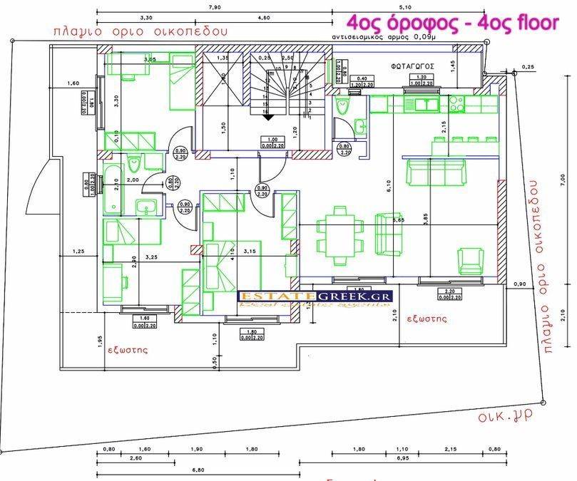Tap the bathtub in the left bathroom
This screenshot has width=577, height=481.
(113, 187)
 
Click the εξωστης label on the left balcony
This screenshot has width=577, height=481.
(128, 350)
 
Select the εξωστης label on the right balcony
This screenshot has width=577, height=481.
(427, 319)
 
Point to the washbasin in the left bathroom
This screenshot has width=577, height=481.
(147, 208)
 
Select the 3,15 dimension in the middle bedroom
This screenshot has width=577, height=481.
(248, 251)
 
